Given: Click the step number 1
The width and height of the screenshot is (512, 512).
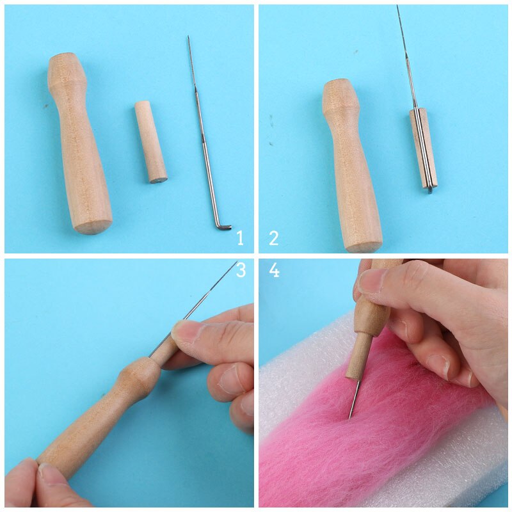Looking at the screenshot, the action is click(x=241, y=238).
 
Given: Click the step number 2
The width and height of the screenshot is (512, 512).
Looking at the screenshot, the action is click(x=274, y=238).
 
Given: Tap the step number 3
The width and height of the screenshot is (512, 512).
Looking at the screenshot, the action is click(x=241, y=270).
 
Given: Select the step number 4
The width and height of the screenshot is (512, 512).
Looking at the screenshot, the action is click(x=275, y=270).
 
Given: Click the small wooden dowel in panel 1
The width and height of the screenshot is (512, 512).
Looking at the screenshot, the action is click(x=151, y=141).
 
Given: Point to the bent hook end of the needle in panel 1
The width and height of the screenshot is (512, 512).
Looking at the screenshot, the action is click(x=223, y=225).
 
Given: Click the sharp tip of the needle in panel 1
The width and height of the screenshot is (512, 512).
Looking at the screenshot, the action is click(x=188, y=36).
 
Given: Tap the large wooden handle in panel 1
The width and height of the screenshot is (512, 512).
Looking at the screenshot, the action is click(x=79, y=143).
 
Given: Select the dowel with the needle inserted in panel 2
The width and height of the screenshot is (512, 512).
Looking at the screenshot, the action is click(x=423, y=148).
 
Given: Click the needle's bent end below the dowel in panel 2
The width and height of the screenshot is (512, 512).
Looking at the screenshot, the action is click(x=429, y=189).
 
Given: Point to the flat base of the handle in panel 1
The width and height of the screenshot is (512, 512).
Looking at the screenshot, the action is click(x=92, y=227).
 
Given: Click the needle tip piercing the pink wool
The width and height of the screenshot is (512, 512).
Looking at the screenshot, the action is click(x=349, y=417).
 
